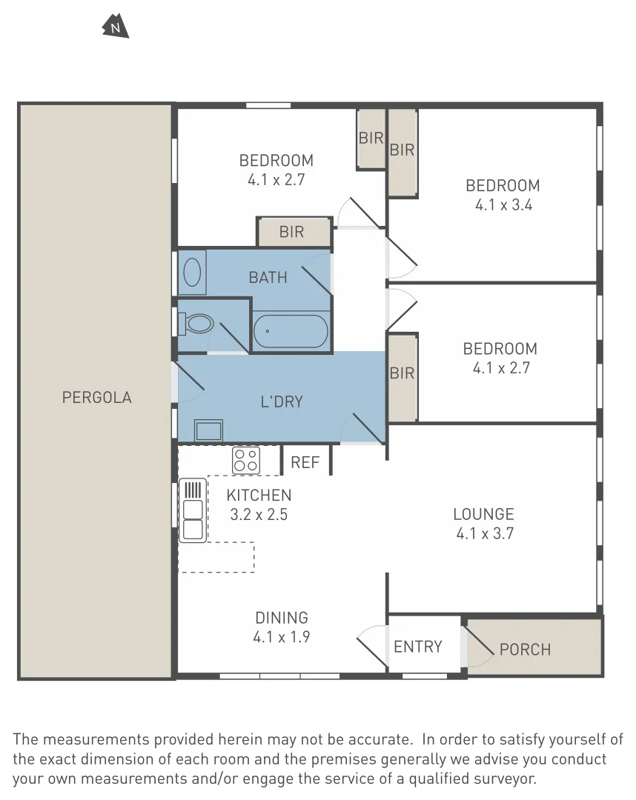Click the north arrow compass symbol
pyautogui.click(x=115, y=27)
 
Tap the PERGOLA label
pyautogui.click(x=97, y=397)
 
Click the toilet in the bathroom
pyautogui.click(x=198, y=324)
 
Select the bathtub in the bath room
pyautogui.click(x=290, y=331)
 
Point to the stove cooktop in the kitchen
pyautogui.click(x=246, y=460)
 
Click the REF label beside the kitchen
pyautogui.click(x=305, y=462)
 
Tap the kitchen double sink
pyautogui.click(x=193, y=511)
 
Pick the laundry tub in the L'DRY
pyautogui.click(x=208, y=430)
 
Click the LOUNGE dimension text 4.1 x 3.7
pyautogui.click(x=483, y=533)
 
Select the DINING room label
pyautogui.click(x=282, y=617)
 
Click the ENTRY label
pyautogui.click(x=417, y=647)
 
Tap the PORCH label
pyautogui.click(x=525, y=650)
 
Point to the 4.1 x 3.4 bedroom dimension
pyautogui.click(x=503, y=205)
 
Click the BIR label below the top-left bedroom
pyautogui.click(x=291, y=232)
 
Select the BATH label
pyautogui.click(x=268, y=277)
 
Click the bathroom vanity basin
pyautogui.click(x=193, y=271)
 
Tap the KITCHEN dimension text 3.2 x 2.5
pyautogui.click(x=259, y=513)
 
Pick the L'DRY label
pyautogui.click(x=282, y=401)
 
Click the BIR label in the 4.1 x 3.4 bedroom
pyautogui.click(x=402, y=150)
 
